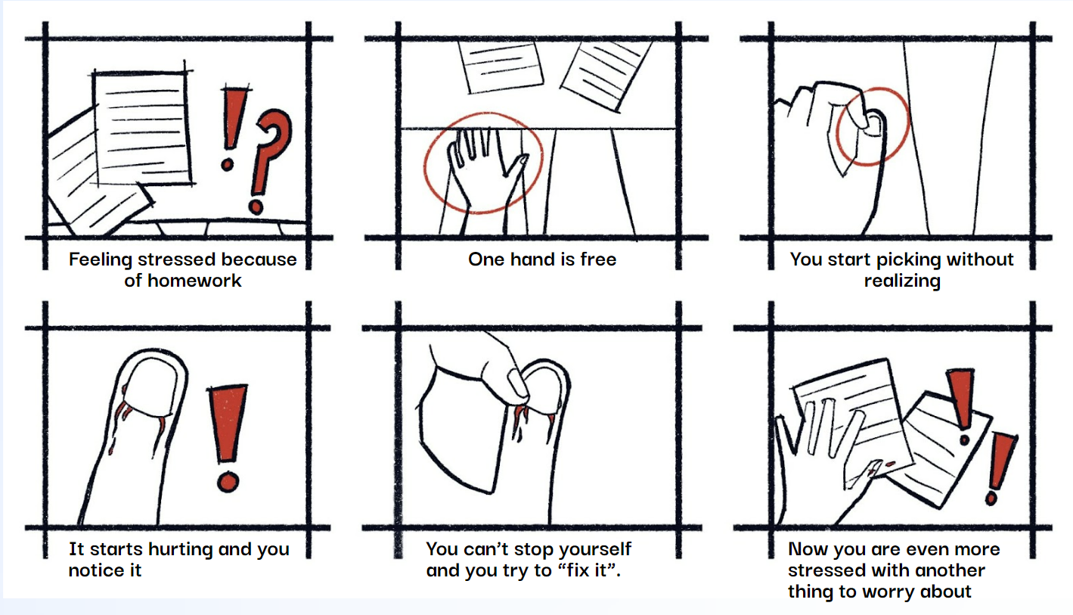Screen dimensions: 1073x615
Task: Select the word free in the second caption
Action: point(598,259)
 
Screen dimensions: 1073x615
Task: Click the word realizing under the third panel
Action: point(902,281)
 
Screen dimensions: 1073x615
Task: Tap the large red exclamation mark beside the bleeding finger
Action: point(228,437)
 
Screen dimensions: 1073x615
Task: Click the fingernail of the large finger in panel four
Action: point(152,387)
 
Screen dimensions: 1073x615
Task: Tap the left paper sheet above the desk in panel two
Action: point(500,66)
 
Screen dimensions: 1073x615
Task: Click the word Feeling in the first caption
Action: point(100,260)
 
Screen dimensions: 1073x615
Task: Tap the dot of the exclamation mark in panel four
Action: point(228,482)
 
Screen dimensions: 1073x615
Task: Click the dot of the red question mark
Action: point(256,207)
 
